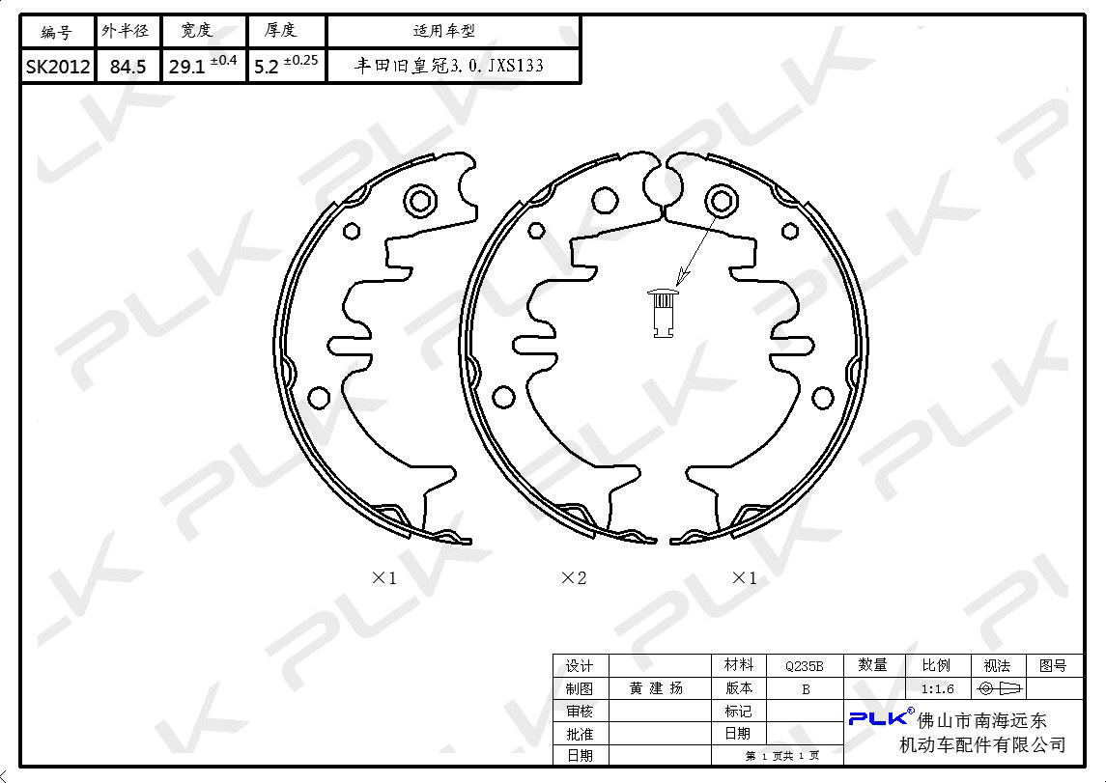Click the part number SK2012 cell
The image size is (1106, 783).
[x=58, y=67]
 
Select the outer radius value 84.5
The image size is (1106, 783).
[x=128, y=67]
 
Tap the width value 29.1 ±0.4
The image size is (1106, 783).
[x=203, y=65]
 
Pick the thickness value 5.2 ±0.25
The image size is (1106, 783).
[x=286, y=65]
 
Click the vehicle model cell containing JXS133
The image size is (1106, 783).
[x=448, y=66]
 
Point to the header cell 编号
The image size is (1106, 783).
[x=56, y=32]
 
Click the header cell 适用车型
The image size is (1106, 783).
[x=443, y=31]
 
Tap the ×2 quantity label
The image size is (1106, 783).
[x=574, y=578]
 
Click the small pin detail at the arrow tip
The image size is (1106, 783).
[x=663, y=312]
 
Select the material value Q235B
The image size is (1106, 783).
[x=804, y=666]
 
